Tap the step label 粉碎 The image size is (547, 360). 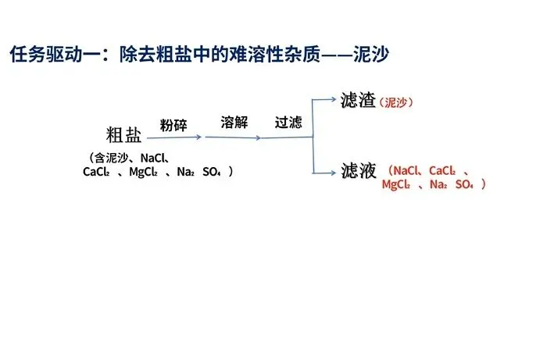tap(173, 126)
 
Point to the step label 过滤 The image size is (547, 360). tap(288, 123)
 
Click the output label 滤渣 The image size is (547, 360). tap(359, 101)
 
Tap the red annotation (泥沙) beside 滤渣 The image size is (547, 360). tap(396, 102)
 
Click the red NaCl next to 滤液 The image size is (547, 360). tap(408, 169)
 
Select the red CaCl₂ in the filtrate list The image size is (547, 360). tap(442, 169)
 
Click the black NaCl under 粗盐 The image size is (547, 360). tap(156, 157)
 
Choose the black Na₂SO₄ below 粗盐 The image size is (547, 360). tap(199, 172)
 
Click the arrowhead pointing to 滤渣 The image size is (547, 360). tap(334, 99)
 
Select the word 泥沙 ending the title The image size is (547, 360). tap(371, 55)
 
